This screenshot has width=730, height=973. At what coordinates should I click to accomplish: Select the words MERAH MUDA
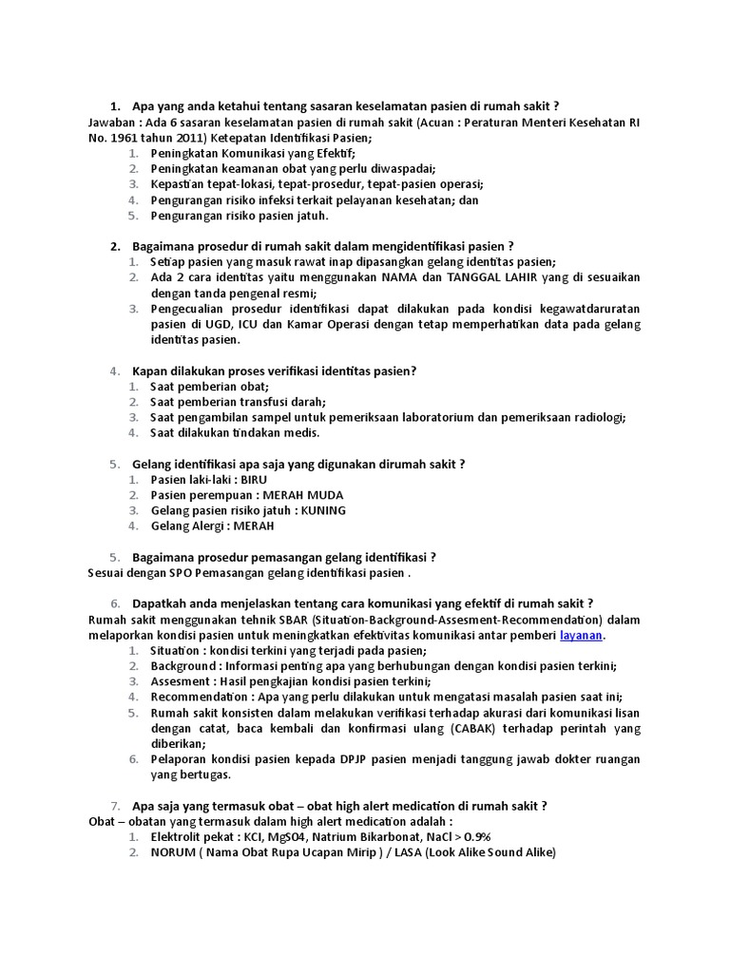click(x=303, y=495)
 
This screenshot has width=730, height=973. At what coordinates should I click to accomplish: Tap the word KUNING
click(x=323, y=510)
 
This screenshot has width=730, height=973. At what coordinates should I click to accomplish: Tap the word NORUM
click(x=171, y=852)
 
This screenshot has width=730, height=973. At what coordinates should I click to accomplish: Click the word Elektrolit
click(x=178, y=837)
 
